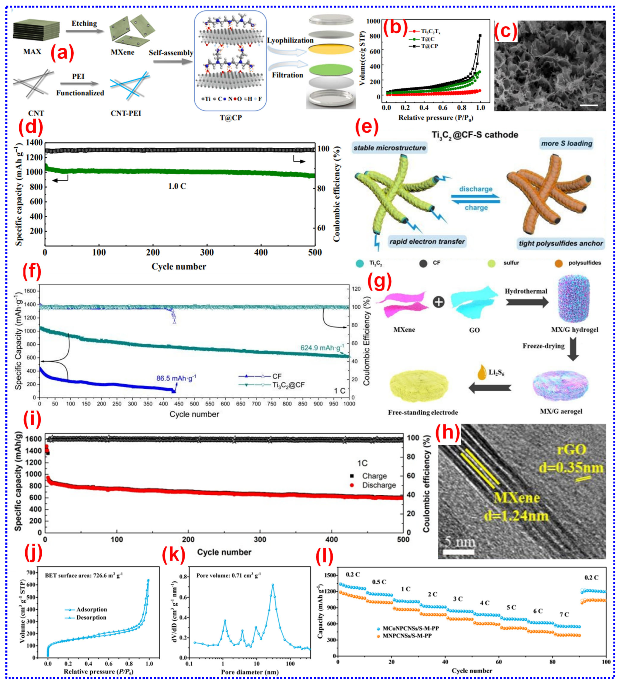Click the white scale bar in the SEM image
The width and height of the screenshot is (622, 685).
pyautogui.click(x=588, y=105)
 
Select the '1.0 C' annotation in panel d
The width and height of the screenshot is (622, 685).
pyautogui.click(x=177, y=186)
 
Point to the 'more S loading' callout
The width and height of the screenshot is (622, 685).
pyautogui.click(x=566, y=143)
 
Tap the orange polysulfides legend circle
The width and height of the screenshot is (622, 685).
pyautogui.click(x=558, y=263)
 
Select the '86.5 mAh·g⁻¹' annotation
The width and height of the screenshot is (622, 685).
pyautogui.click(x=176, y=378)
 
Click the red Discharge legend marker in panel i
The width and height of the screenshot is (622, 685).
pyautogui.click(x=352, y=485)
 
